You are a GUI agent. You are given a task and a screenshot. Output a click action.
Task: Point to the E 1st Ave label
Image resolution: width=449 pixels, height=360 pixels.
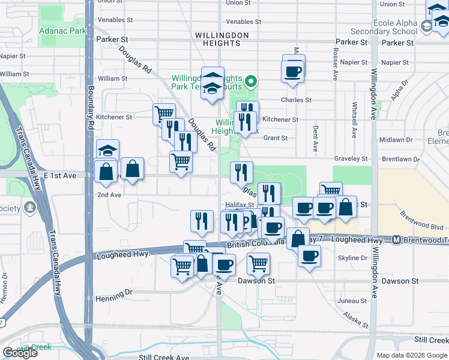60,176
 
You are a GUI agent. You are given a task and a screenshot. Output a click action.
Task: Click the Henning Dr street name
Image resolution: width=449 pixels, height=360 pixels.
113,295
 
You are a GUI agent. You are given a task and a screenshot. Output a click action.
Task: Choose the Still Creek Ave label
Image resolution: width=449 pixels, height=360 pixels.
164,357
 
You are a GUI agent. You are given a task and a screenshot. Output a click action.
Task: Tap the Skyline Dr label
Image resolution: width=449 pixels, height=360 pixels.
352,257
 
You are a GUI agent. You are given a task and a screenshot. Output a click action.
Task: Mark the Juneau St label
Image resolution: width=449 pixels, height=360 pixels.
352,301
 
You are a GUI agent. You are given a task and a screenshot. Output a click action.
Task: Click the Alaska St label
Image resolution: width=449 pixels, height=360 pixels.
356,319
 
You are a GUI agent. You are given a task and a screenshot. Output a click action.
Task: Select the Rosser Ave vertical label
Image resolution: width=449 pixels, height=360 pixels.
335,66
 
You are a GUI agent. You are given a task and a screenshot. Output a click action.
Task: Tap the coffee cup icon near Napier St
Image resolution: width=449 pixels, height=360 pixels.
293,71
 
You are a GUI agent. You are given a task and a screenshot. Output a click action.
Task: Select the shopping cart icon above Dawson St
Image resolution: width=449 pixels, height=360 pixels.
258,263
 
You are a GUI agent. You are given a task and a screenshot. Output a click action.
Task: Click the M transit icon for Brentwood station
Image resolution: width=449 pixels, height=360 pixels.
396,240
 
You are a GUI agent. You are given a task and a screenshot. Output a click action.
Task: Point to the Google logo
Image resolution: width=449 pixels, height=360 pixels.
20,353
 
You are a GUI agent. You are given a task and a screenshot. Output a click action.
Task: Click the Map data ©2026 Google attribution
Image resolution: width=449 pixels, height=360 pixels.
411,355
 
